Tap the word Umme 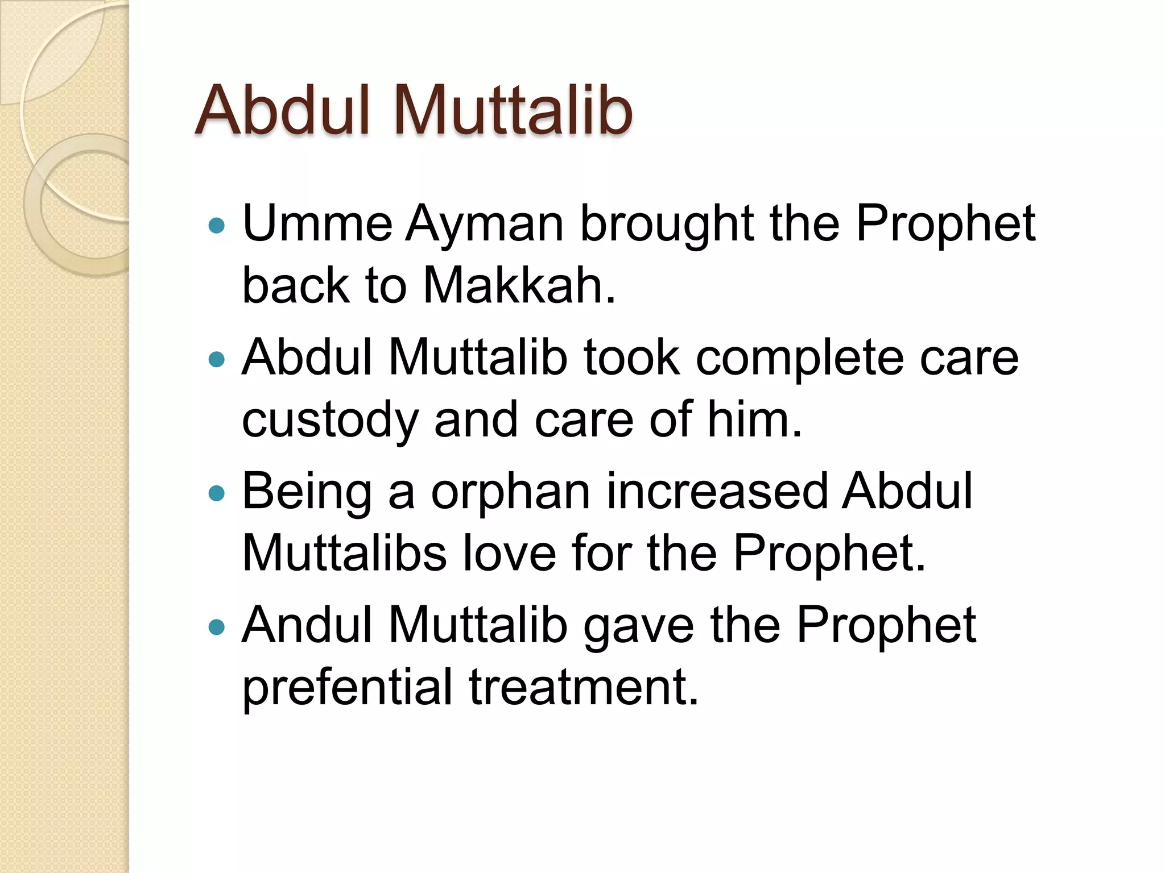click(317, 224)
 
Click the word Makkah click(519, 285)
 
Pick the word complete click(800, 360)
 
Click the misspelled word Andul click(307, 625)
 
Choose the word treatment click(584, 687)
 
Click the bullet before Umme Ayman click(217, 226)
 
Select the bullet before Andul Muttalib click(217, 627)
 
